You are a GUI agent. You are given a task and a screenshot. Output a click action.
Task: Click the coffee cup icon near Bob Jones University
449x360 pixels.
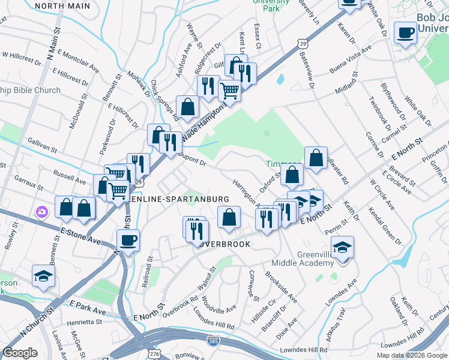(x=406, y=32)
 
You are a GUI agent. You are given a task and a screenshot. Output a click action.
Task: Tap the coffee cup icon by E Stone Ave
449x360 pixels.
(x=127, y=241)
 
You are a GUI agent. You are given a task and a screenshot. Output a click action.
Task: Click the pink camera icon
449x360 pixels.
(x=41, y=212)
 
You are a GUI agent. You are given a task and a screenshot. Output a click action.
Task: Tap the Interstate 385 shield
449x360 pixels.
(x=214, y=341)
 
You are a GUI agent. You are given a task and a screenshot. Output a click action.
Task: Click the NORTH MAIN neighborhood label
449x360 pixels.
(x=62, y=6)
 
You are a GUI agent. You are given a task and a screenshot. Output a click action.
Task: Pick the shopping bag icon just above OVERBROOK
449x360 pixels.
(x=229, y=217)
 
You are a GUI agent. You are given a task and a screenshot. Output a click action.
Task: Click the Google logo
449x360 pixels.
(x=20, y=353)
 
